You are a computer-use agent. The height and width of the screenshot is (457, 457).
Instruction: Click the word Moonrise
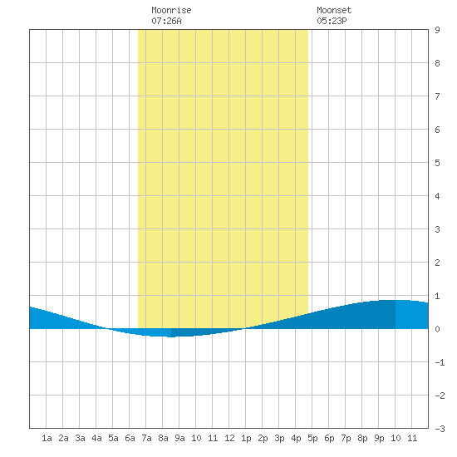click(171, 10)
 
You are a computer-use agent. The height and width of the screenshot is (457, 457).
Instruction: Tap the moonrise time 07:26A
click(166, 21)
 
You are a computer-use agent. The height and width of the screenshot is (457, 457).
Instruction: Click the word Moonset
click(334, 10)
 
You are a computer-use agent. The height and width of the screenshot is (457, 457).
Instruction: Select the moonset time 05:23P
click(332, 21)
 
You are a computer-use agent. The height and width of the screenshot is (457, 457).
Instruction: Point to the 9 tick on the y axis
click(437, 30)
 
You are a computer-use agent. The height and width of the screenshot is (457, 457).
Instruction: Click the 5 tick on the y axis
click(437, 163)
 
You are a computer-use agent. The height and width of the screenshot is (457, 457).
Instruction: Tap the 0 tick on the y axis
click(437, 329)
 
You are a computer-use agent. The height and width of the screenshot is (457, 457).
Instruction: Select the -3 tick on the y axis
click(440, 429)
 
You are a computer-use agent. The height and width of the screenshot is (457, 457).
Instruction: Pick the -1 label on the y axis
click(440, 362)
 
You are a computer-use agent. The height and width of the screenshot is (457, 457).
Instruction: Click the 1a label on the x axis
click(47, 438)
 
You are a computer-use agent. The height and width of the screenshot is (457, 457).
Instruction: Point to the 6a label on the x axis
click(130, 438)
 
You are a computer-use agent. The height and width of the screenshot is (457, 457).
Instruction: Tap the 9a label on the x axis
click(179, 438)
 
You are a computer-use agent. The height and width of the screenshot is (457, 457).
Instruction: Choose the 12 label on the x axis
click(229, 438)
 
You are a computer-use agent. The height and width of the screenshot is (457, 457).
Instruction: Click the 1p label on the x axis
click(246, 438)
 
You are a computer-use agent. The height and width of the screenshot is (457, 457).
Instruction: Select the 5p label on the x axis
click(312, 438)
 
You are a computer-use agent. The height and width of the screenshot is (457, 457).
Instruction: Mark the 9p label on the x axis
click(379, 438)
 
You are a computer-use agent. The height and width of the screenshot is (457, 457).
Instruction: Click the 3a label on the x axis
click(80, 438)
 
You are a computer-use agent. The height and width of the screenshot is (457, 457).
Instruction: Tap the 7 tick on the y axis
click(437, 96)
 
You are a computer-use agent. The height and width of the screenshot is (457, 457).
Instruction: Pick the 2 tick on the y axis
click(437, 263)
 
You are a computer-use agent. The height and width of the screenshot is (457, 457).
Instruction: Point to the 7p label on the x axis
click(346, 438)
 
